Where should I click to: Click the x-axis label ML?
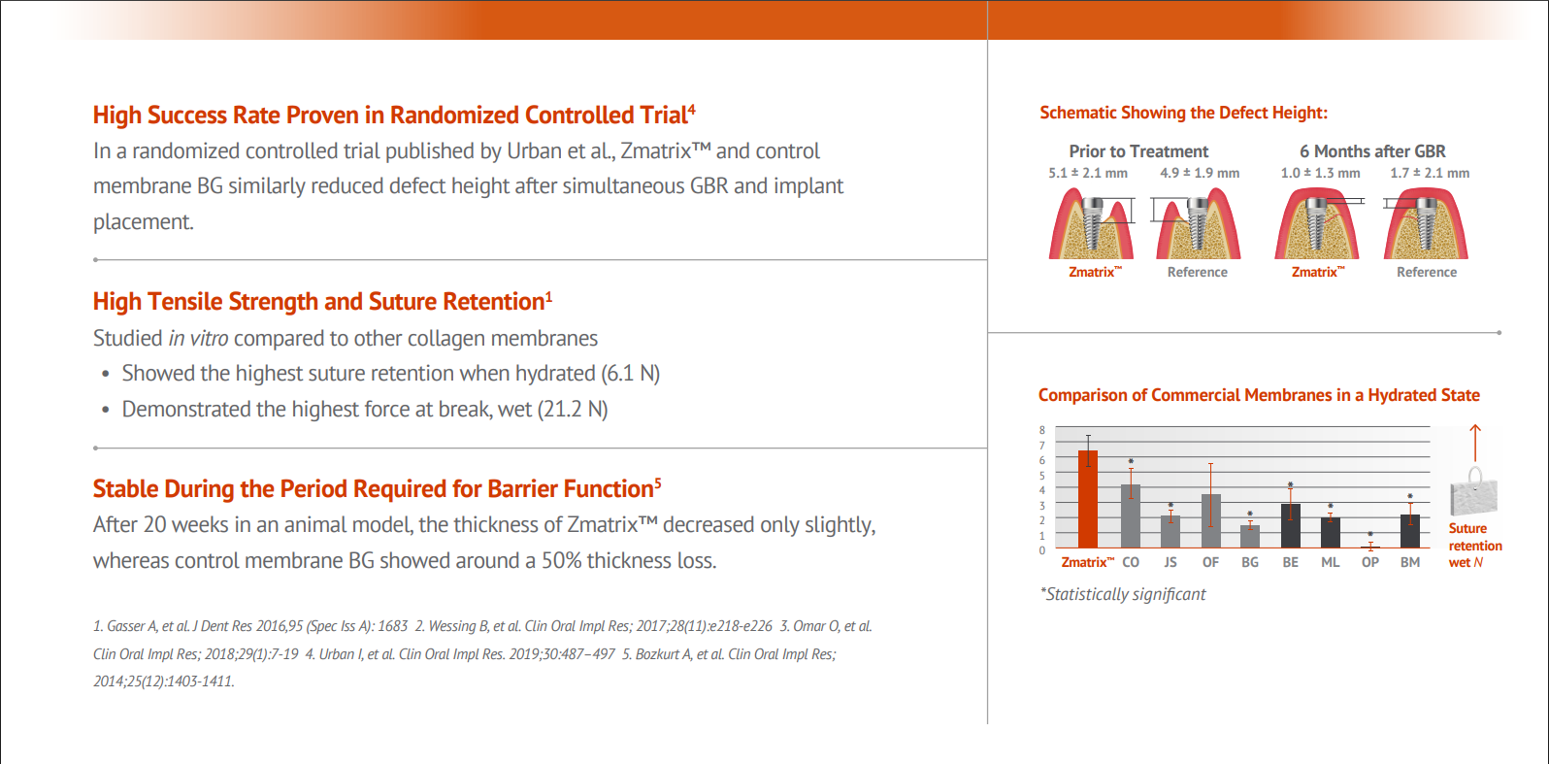pyautogui.click(x=1330, y=562)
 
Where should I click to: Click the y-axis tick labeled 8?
pyautogui.click(x=1042, y=430)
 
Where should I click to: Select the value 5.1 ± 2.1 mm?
pyautogui.click(x=1087, y=173)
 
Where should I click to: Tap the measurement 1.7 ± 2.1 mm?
pyautogui.click(x=1429, y=173)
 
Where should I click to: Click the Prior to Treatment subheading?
pyautogui.click(x=1138, y=151)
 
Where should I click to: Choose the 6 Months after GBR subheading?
pyautogui.click(x=1372, y=151)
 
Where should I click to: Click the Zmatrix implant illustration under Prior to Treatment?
pyautogui.click(x=1092, y=224)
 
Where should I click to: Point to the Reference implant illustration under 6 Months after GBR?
pyautogui.click(x=1426, y=224)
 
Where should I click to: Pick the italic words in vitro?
pyautogui.click(x=198, y=338)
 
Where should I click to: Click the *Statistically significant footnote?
pyautogui.click(x=1123, y=594)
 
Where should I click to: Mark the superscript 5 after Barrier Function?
pyautogui.click(x=657, y=482)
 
